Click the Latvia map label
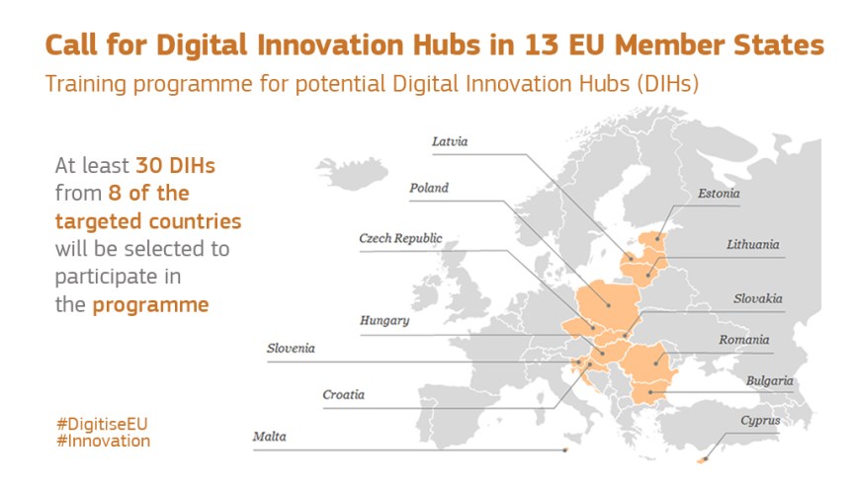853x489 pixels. [x=450, y=141]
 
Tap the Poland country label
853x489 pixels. [x=429, y=188]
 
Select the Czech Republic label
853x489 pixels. [x=400, y=238]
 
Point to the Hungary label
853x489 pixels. [x=384, y=320]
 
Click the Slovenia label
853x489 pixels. [x=291, y=348]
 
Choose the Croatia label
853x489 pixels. [x=343, y=394]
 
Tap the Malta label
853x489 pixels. [x=269, y=437]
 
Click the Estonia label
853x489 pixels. [x=719, y=193]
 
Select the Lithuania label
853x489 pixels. [x=752, y=244]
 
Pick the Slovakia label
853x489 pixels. [x=757, y=298]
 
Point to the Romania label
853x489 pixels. [x=743, y=340]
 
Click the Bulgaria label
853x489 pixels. [x=769, y=380]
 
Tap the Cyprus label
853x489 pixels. [x=760, y=421]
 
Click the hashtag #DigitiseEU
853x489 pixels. [x=102, y=424]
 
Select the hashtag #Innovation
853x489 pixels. [x=104, y=441]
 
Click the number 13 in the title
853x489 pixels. [x=542, y=44]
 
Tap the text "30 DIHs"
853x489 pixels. [x=175, y=165]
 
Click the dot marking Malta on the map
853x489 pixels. [x=565, y=450]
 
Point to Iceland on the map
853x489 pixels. [x=352, y=173]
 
